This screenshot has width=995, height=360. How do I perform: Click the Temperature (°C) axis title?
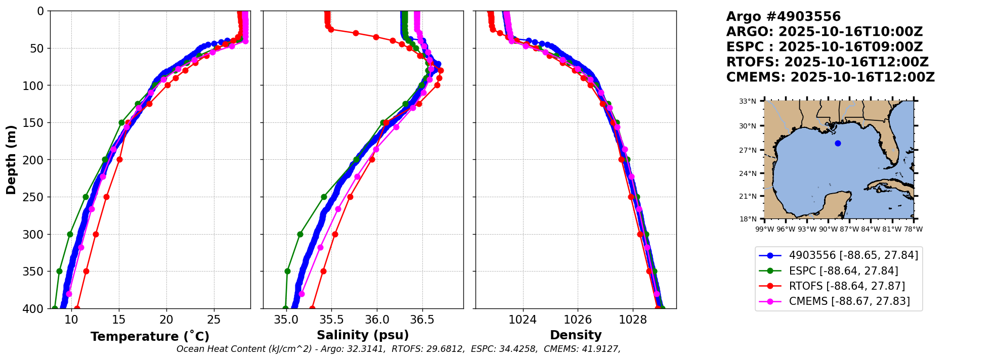pyautogui.click(x=150, y=336)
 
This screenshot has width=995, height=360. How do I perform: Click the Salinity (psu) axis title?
pyautogui.click(x=363, y=335)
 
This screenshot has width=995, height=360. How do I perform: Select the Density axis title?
pyautogui.click(x=576, y=335)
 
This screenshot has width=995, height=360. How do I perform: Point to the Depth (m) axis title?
pyautogui.click(x=11, y=160)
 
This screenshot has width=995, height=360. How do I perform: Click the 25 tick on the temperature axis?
pyautogui.click(x=214, y=320)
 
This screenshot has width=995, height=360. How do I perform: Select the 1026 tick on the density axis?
pyautogui.click(x=578, y=320)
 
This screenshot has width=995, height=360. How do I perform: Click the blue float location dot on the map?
pyautogui.click(x=838, y=143)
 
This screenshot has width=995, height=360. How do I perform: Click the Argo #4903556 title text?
pyautogui.click(x=783, y=17)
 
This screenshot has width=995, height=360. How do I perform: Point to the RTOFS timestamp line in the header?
pyautogui.click(x=827, y=62)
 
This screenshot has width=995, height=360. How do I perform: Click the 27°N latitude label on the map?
pyautogui.click(x=748, y=150)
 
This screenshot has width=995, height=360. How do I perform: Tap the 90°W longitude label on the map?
pyautogui.click(x=828, y=229)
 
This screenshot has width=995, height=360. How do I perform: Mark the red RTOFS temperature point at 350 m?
pyautogui.click(x=86, y=272)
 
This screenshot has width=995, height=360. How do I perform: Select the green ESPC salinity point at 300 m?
pyautogui.click(x=300, y=234)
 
